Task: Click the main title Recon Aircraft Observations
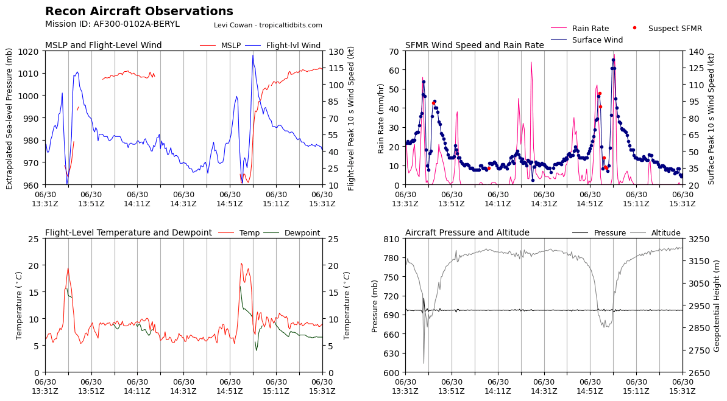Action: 139,12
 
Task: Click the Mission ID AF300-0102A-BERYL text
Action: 112,24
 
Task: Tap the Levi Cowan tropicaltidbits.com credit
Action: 268,26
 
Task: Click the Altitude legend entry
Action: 665,233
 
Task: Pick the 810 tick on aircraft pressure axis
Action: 392,239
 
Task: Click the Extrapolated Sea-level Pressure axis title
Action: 10,118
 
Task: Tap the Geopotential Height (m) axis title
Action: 717,305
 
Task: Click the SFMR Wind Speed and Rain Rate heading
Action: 474,46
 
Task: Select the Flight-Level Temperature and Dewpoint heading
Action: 129,233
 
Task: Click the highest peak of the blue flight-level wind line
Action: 253,55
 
